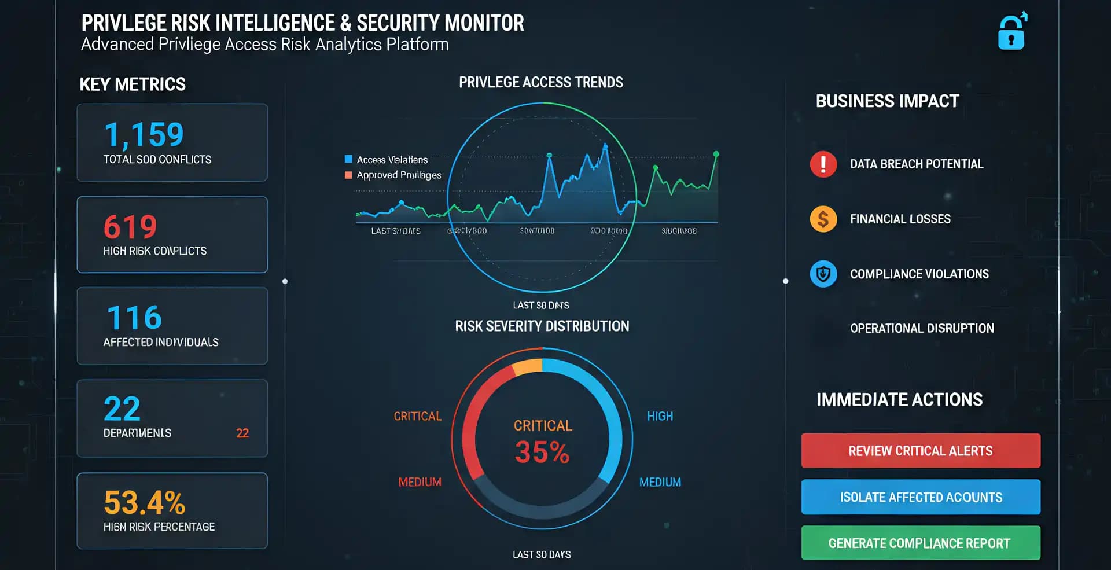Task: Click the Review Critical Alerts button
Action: pyautogui.click(x=920, y=451)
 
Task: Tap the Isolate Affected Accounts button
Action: pyautogui.click(x=920, y=497)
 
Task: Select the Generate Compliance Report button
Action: pyautogui.click(x=920, y=543)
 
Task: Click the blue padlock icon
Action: pyautogui.click(x=1011, y=34)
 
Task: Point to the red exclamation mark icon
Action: pyautogui.click(x=823, y=164)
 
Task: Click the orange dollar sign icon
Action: pyautogui.click(x=823, y=219)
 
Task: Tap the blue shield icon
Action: pyautogui.click(x=823, y=274)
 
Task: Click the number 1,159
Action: pyautogui.click(x=144, y=135)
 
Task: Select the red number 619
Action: pyautogui.click(x=130, y=226)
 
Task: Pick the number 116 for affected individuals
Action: pyautogui.click(x=134, y=318)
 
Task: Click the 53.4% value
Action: pyautogui.click(x=144, y=502)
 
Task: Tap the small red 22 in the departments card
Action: pyautogui.click(x=242, y=433)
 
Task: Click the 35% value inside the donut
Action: pyautogui.click(x=542, y=452)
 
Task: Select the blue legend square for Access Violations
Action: pyautogui.click(x=348, y=159)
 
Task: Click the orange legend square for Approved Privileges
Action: pyautogui.click(x=348, y=175)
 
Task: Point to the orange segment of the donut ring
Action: pyautogui.click(x=527, y=367)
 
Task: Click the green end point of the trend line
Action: pyautogui.click(x=716, y=154)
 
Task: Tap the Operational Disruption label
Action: pyautogui.click(x=922, y=328)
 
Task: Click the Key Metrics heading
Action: pyautogui.click(x=133, y=84)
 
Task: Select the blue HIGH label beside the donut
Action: pyautogui.click(x=660, y=416)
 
